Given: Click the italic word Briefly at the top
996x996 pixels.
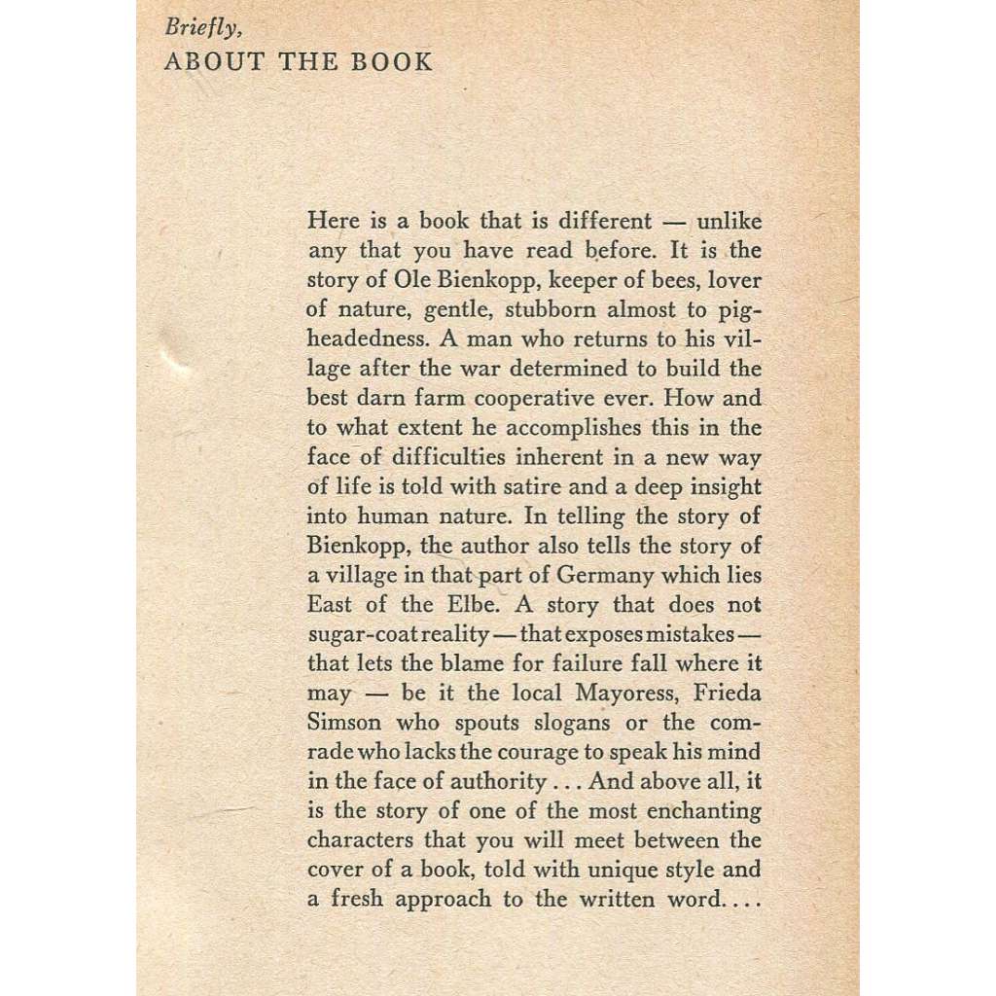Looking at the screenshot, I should pos(199,28).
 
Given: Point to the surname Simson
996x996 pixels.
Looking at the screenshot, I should pos(344,724).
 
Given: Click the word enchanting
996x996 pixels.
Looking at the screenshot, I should pos(701,811).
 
